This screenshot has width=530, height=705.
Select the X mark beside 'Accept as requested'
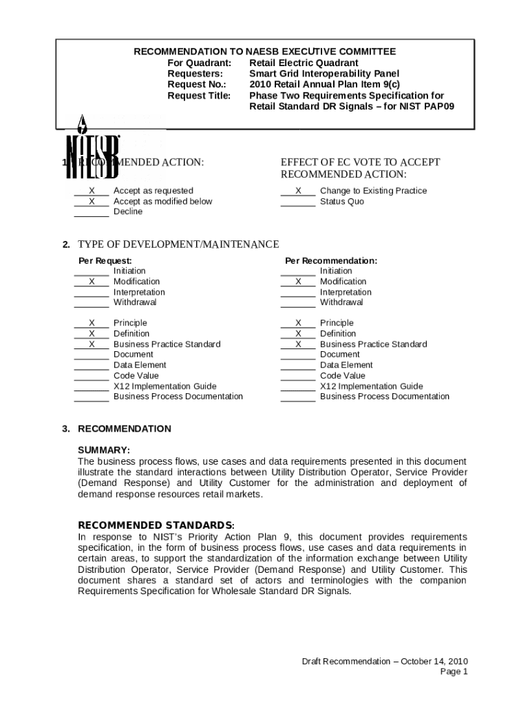(92, 191)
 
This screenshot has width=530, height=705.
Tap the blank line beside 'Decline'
(92, 212)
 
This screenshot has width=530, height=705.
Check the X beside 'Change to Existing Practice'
(298, 191)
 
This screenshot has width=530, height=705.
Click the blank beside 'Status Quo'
(298, 202)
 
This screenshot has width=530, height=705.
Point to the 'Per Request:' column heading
(105, 261)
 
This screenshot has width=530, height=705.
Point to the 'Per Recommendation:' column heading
(331, 261)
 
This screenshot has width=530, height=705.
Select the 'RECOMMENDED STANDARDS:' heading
(156, 525)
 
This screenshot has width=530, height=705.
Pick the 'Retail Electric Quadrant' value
(304, 63)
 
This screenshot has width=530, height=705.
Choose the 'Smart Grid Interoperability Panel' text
(324, 74)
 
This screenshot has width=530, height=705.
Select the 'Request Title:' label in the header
(200, 96)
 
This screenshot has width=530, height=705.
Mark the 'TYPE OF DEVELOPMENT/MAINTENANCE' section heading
(178, 244)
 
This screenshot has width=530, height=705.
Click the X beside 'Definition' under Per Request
(92, 334)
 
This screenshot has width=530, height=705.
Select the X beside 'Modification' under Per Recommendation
(298, 282)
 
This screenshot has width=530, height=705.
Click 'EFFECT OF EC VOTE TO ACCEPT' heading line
(360, 162)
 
